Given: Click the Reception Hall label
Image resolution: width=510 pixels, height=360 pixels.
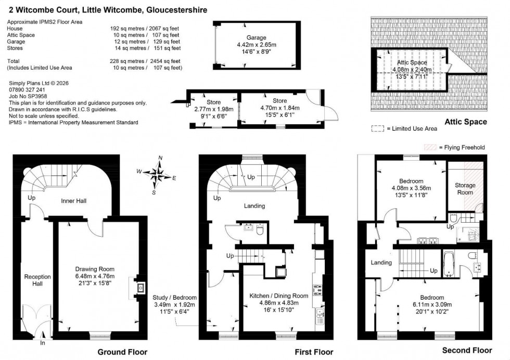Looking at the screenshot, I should [x=37, y=280].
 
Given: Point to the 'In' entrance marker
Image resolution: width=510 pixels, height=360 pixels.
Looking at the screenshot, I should [x=43, y=343].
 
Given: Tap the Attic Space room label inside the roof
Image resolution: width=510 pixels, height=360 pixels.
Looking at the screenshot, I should [x=408, y=62].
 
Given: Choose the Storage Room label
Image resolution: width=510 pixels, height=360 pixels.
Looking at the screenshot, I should [x=465, y=189].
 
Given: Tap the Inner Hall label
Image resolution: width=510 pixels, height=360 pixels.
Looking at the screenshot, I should [x=74, y=201].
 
